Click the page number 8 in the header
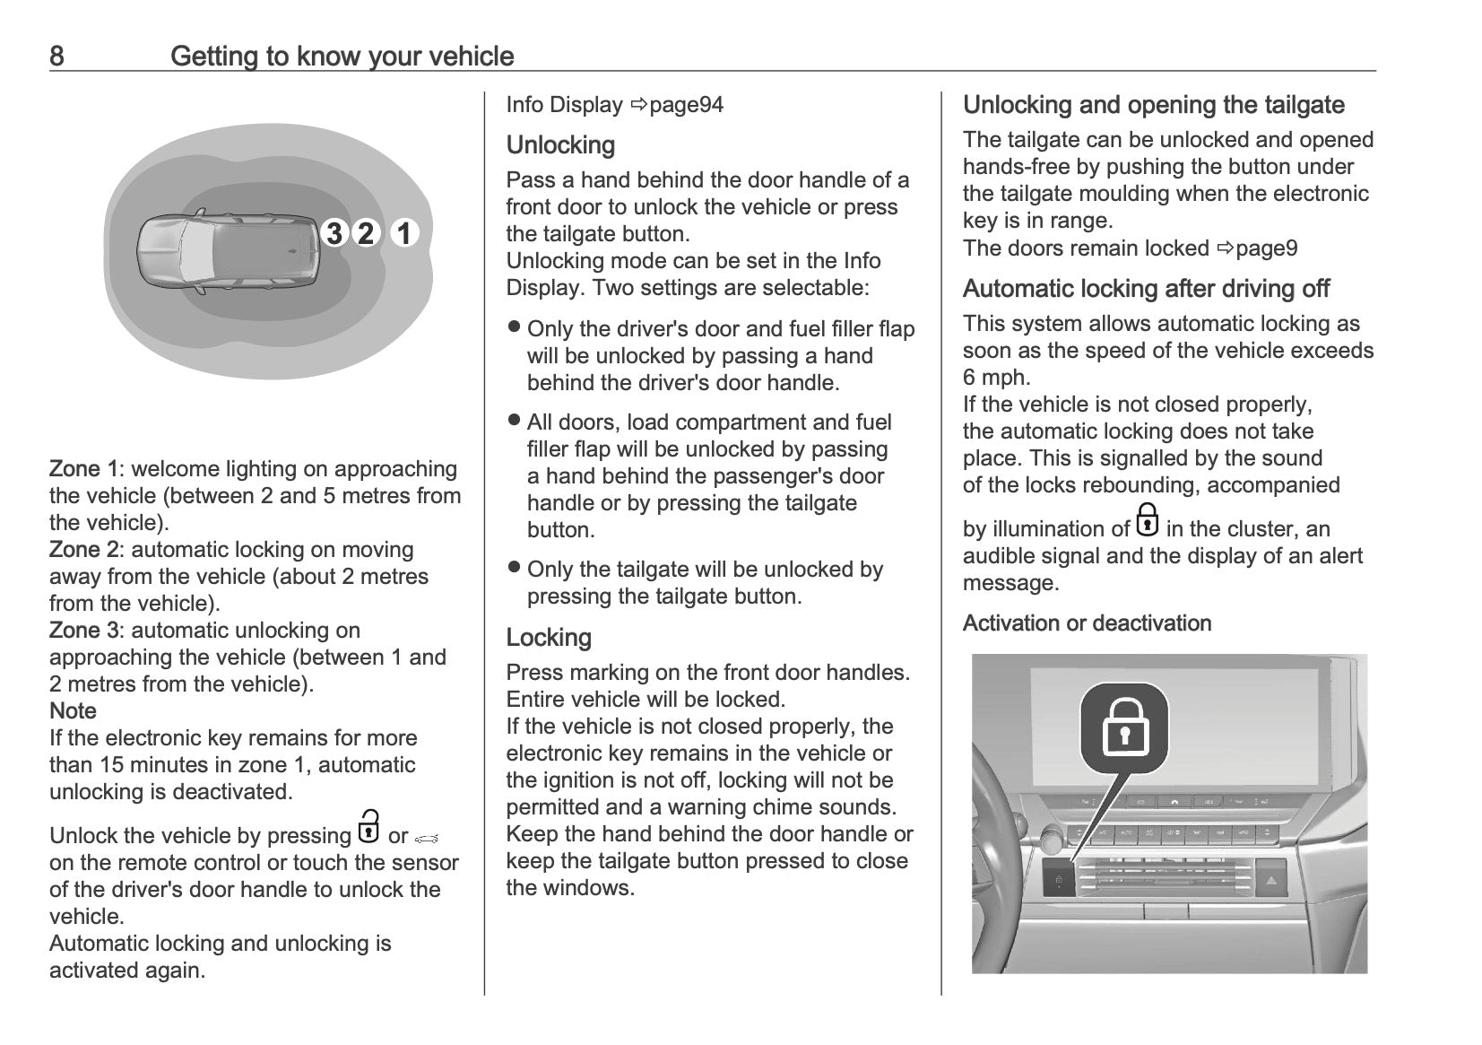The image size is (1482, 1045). [x=56, y=57]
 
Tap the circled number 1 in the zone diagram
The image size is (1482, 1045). [x=404, y=233]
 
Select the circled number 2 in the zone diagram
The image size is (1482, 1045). [x=366, y=233]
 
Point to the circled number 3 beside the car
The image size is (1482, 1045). [x=334, y=233]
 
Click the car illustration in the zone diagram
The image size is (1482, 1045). [x=229, y=251]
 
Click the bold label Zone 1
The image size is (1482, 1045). [x=83, y=469]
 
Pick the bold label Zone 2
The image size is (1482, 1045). [x=83, y=550]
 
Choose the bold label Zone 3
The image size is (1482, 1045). [x=83, y=631]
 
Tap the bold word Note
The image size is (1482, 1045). [x=73, y=711]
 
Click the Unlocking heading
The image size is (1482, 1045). [x=560, y=145]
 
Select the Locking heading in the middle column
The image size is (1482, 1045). [x=549, y=638]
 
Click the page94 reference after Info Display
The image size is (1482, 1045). [x=686, y=105]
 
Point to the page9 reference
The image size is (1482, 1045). [x=1266, y=248]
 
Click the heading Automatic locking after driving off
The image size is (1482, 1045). [x=1146, y=289]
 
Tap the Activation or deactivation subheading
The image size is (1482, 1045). [x=1087, y=623]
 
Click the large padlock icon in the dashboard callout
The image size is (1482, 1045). [x=1124, y=727]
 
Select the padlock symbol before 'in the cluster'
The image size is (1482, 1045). [x=1147, y=520]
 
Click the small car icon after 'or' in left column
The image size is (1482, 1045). [x=427, y=838]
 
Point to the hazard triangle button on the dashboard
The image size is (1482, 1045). [x=1271, y=880]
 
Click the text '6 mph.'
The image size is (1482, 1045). [x=996, y=378]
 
